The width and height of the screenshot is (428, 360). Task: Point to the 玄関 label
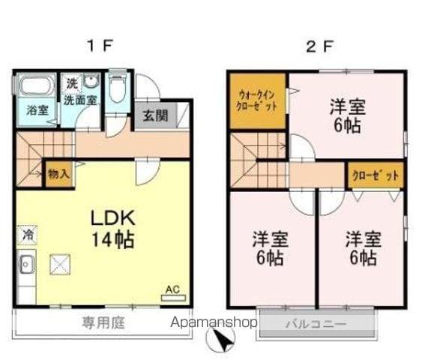coord(155,116)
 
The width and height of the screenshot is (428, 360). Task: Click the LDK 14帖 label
coord(113,229)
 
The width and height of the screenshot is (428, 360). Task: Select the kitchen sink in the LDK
coord(27,264)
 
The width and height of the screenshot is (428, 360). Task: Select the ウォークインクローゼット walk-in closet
coord(258,100)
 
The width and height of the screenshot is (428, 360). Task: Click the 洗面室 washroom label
coord(78,98)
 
